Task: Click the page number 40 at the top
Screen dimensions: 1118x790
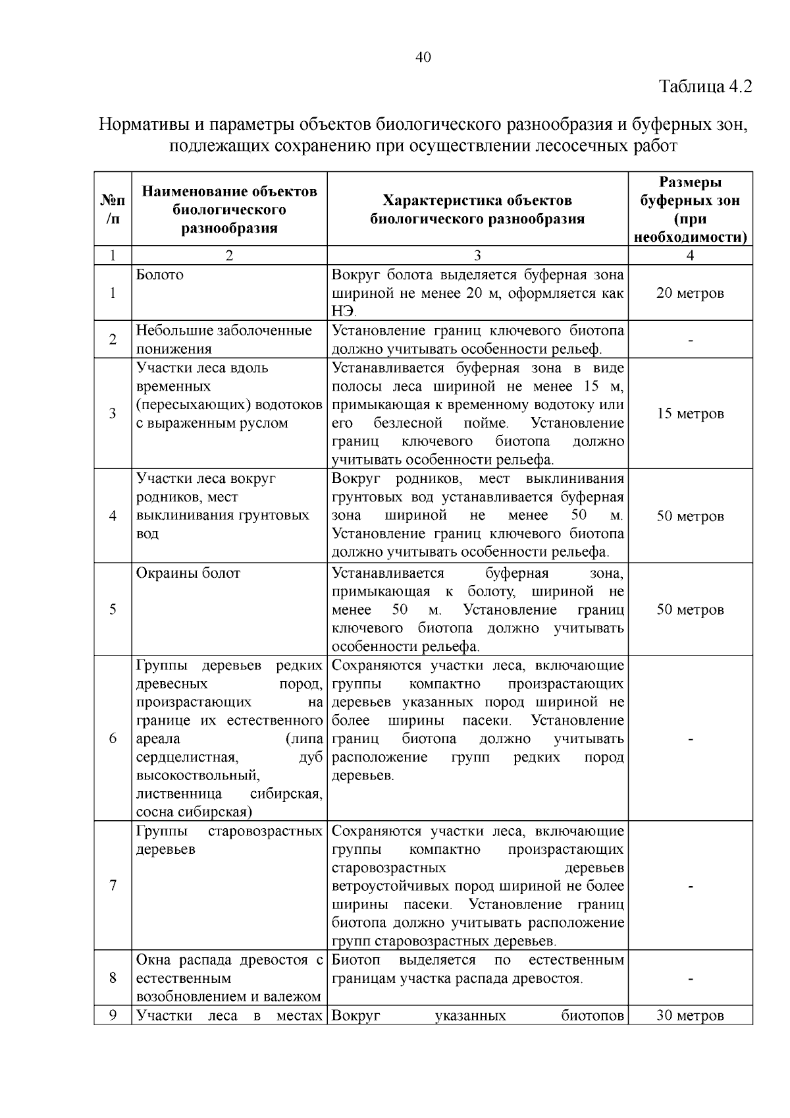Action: [423, 58]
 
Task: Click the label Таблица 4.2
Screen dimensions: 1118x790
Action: [704, 86]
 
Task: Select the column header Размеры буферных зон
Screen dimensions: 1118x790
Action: [690, 209]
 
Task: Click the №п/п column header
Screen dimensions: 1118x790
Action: [113, 209]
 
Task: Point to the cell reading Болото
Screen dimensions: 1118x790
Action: [160, 275]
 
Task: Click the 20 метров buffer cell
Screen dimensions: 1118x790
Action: [690, 293]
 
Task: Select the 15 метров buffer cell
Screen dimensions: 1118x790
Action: [690, 414]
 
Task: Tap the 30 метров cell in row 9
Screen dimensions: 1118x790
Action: [690, 1016]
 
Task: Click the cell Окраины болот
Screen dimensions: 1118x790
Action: [188, 573]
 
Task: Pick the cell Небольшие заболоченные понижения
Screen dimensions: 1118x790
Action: [224, 339]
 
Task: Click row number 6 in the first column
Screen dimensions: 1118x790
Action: [113, 739]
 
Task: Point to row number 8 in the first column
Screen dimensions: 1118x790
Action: [113, 978]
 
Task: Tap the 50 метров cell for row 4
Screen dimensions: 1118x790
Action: [690, 516]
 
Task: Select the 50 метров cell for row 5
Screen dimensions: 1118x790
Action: [690, 609]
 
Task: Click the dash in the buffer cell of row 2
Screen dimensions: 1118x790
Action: [690, 340]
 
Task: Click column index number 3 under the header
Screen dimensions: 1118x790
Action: [478, 256]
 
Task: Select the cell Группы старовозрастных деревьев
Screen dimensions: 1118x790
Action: [229, 840]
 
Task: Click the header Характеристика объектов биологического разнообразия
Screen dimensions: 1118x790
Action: [478, 209]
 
